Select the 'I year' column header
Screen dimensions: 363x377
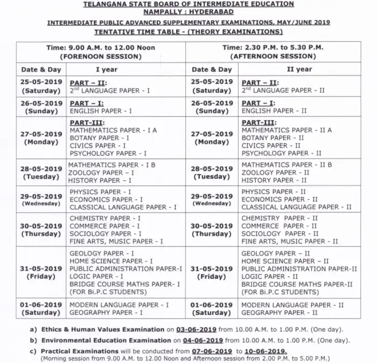coord(106,70)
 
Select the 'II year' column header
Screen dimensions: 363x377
coord(299,70)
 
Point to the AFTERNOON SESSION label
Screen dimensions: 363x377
coord(273,56)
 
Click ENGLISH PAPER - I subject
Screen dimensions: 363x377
coord(101,111)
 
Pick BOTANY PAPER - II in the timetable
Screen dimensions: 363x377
coord(273,138)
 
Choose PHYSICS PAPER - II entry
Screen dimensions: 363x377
coord(274,191)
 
